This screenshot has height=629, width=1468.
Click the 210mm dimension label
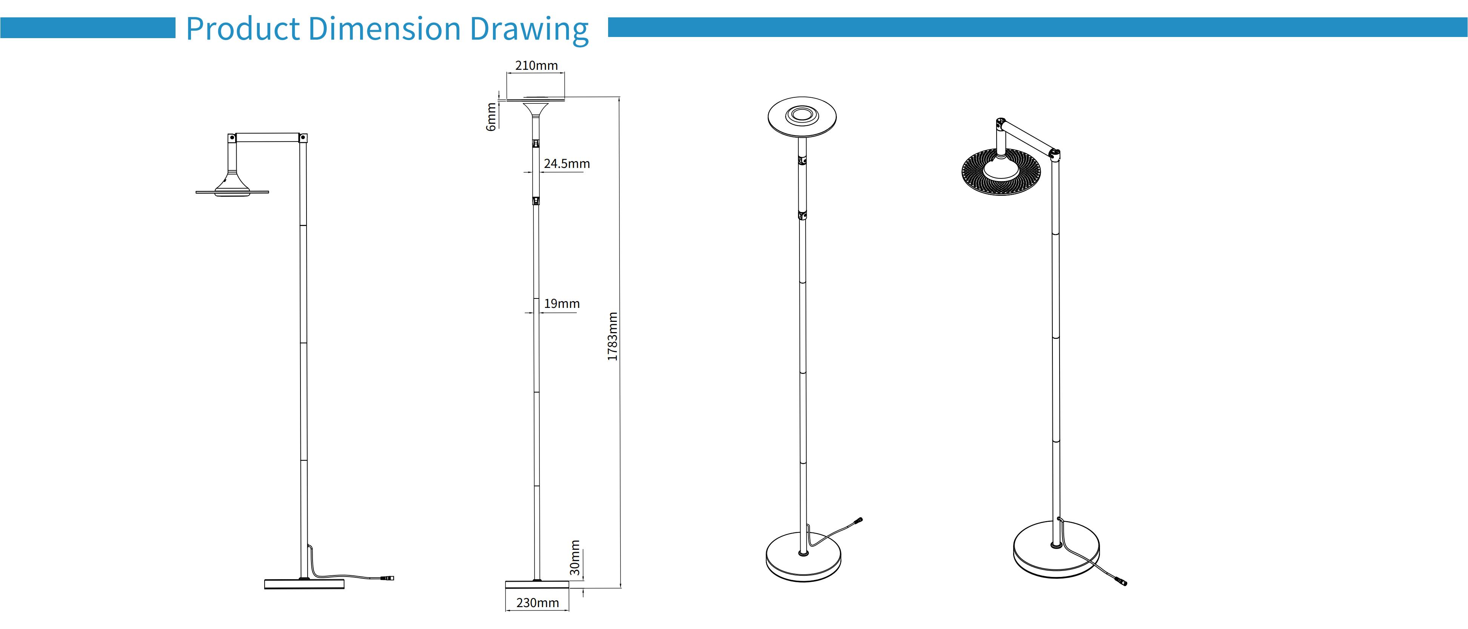[536, 66]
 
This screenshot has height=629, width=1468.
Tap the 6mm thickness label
[491, 117]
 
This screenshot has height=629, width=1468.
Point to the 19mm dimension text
[561, 304]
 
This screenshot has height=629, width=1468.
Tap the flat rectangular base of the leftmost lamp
[304, 584]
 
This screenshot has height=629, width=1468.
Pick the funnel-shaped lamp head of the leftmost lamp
[233, 182]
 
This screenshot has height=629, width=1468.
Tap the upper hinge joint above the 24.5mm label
[536, 144]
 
